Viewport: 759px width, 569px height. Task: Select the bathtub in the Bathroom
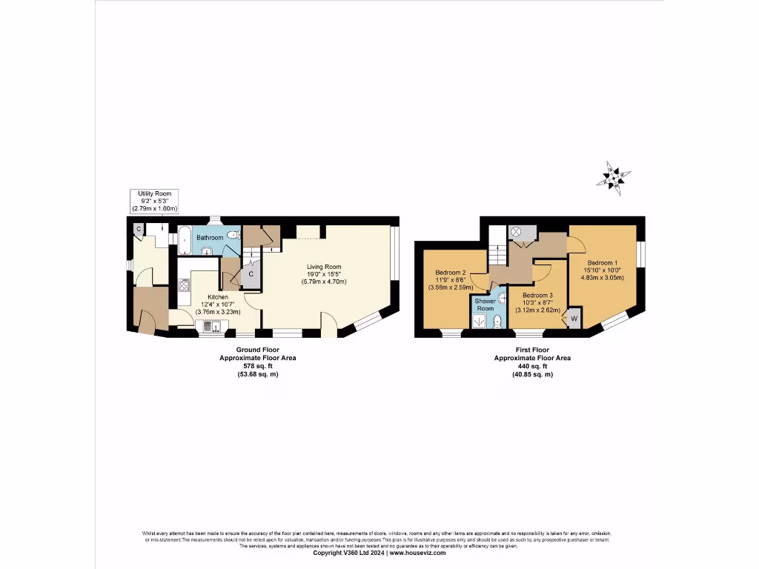(x=184, y=240)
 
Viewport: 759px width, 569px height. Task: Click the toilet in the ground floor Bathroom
(x=233, y=236)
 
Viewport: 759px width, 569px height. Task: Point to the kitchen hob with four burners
(x=184, y=284)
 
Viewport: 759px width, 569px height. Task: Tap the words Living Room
(x=324, y=267)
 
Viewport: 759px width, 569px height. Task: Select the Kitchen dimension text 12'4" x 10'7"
(x=218, y=304)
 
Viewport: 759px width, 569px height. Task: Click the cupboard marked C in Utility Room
(x=139, y=230)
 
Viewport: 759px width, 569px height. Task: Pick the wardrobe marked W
(x=572, y=319)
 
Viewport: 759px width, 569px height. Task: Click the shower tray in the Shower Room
(x=480, y=321)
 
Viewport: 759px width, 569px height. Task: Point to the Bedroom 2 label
(x=450, y=272)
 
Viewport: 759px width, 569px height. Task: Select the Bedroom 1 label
(x=602, y=263)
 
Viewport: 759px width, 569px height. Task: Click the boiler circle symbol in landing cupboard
(x=517, y=232)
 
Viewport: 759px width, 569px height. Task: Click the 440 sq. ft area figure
(x=532, y=366)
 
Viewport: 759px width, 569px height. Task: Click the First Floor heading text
(x=532, y=349)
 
